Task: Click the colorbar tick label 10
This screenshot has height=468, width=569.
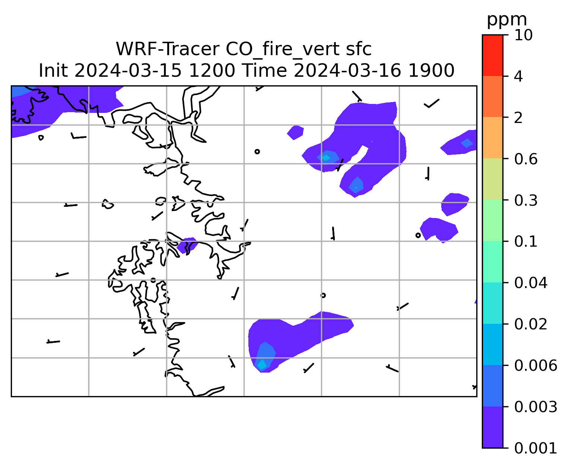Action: coord(523,35)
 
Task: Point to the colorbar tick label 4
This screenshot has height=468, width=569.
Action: coord(518,76)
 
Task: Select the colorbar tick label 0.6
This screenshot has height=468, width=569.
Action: coord(526,159)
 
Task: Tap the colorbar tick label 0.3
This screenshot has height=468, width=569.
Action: coord(526,200)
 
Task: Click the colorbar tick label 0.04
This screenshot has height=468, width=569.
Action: coord(531,283)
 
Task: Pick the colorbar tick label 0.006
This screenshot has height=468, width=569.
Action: coord(535,366)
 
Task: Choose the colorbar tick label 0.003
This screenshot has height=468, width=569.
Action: coord(535,407)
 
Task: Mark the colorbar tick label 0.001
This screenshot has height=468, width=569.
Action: coord(535,448)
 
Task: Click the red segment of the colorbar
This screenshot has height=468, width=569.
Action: coord(493,56)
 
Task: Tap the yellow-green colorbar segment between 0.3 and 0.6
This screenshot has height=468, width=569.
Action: coord(493,179)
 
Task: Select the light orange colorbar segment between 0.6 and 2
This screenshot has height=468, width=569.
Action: coord(493,137)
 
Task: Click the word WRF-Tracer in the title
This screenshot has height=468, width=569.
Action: coord(167,49)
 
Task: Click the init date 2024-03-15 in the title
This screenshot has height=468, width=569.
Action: coord(128,71)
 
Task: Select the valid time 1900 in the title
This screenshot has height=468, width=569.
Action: coord(431,71)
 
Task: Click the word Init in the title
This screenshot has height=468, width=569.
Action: coord(53,71)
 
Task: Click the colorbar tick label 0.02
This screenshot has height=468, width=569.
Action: coord(531,324)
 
